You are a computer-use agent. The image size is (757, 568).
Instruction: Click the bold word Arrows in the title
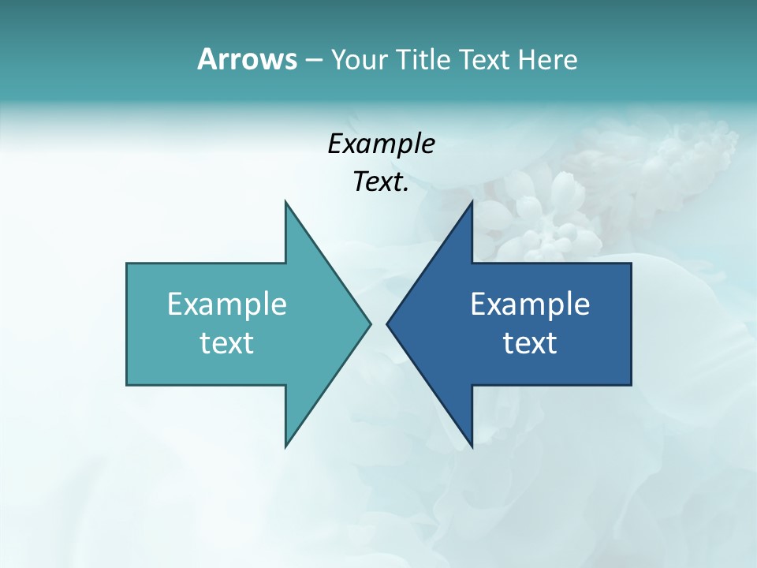pyautogui.click(x=246, y=59)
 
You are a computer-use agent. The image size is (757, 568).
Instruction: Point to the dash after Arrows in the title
pyautogui.click(x=312, y=60)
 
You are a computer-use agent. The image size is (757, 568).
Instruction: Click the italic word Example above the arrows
pyautogui.click(x=381, y=144)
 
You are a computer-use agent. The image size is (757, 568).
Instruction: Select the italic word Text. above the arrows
pyautogui.click(x=381, y=182)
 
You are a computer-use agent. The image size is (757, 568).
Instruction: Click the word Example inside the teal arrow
pyautogui.click(x=227, y=304)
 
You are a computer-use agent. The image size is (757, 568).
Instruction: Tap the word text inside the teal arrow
pyautogui.click(x=227, y=343)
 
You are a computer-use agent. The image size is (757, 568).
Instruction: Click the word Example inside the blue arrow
pyautogui.click(x=530, y=304)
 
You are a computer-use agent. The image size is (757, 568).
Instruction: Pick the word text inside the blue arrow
pyautogui.click(x=530, y=343)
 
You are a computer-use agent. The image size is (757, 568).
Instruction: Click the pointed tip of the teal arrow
pyautogui.click(x=369, y=323)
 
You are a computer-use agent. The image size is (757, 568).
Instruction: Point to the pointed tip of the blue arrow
pyautogui.click(x=388, y=323)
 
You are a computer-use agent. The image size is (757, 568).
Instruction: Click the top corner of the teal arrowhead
pyautogui.click(x=286, y=203)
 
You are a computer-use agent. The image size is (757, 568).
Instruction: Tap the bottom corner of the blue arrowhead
pyautogui.click(x=471, y=446)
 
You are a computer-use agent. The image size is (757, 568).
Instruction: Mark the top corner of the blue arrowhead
pyautogui.click(x=471, y=203)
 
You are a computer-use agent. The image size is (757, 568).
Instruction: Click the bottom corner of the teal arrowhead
pyautogui.click(x=286, y=446)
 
